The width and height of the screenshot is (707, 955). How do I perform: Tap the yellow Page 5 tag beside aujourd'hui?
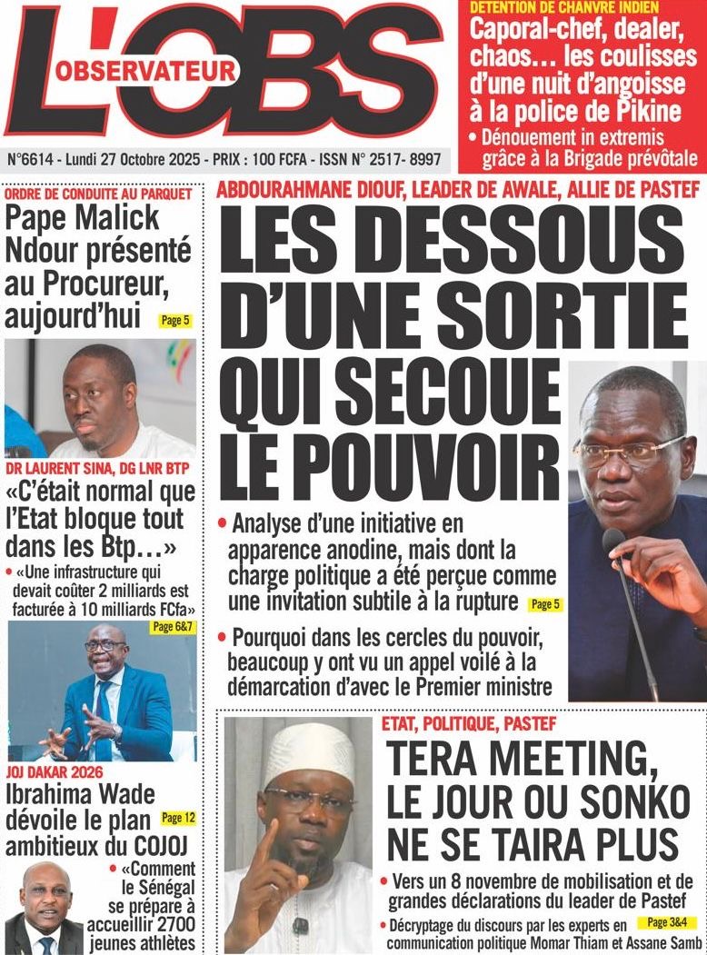(174, 320)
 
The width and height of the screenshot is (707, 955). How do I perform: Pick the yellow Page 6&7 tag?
(171, 628)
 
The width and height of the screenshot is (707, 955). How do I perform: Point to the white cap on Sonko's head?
(309, 751)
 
